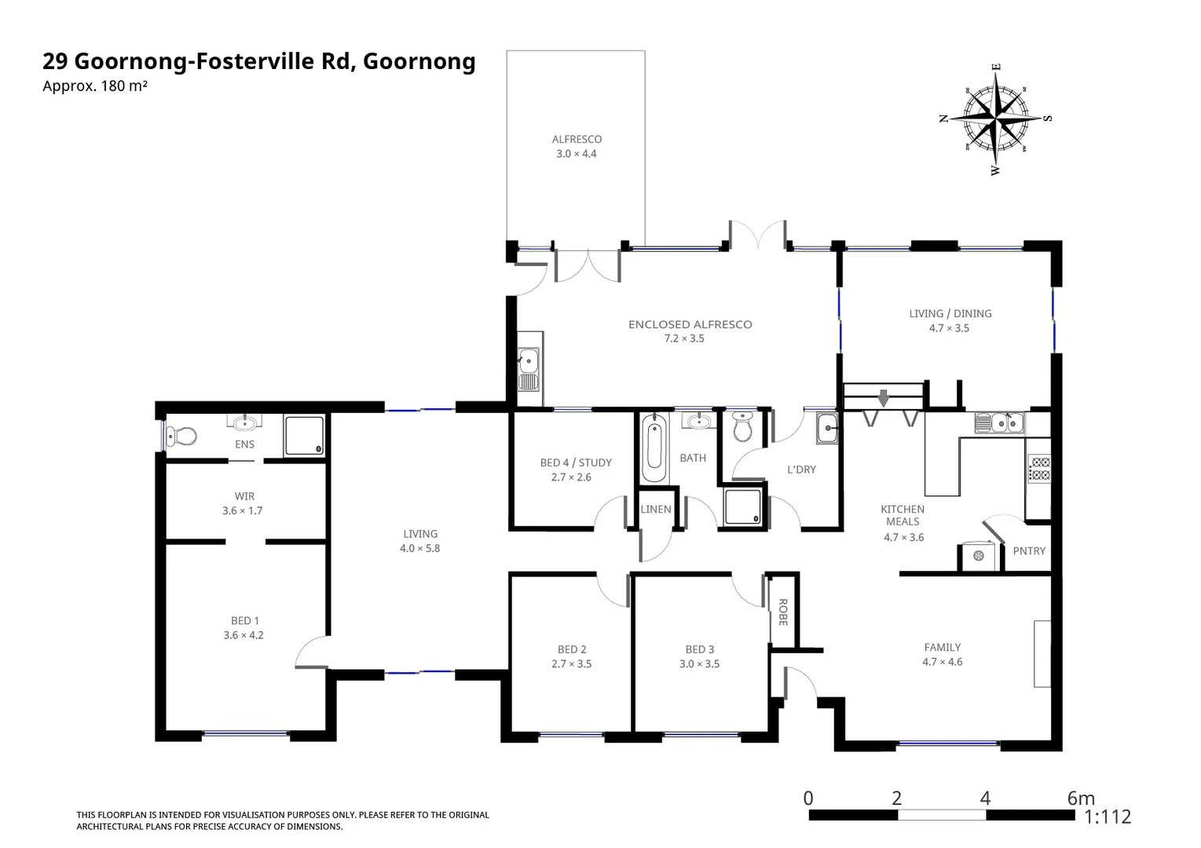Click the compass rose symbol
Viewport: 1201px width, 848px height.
[995, 119]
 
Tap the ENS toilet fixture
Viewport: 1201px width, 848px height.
[184, 436]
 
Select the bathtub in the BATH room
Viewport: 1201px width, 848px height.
[654, 449]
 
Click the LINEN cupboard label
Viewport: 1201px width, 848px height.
[656, 510]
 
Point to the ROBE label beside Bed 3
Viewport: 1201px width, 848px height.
[783, 612]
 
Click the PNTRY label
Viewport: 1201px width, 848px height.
[1029, 551]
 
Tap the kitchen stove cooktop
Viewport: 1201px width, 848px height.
[1040, 469]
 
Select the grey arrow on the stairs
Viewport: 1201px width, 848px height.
[884, 398]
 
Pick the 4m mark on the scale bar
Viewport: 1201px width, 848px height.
[985, 799]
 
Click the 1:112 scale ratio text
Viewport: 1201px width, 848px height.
[1108, 817]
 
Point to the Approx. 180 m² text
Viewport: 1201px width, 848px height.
[95, 86]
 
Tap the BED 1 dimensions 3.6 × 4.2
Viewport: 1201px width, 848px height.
[243, 635]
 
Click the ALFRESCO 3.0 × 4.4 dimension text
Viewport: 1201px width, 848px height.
[577, 154]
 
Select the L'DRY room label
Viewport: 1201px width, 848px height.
[801, 470]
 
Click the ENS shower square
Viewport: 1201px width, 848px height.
[304, 436]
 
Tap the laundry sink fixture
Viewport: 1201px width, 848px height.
[827, 429]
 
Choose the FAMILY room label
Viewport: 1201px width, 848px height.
[942, 648]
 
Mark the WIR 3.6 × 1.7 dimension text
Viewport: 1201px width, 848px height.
[243, 511]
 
